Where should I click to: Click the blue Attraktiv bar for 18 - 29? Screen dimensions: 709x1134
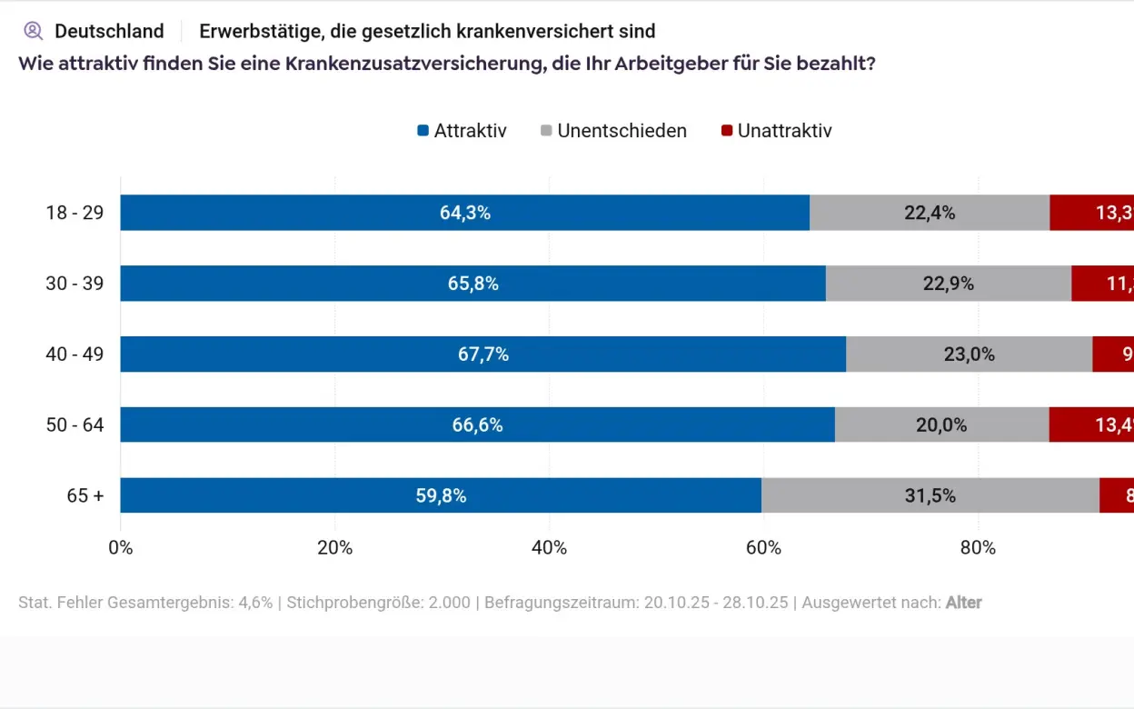464,213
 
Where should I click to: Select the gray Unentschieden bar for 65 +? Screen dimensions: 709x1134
930,495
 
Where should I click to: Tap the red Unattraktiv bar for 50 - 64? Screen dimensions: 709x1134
1091,424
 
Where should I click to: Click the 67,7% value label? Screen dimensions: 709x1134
482,354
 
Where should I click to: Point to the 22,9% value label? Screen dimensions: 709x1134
948,284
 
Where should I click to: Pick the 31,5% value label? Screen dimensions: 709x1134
930,495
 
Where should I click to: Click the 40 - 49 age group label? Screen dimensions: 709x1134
75,354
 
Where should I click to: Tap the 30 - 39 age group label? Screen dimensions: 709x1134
75,284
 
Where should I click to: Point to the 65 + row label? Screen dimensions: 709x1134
85,495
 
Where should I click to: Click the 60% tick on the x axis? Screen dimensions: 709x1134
763,547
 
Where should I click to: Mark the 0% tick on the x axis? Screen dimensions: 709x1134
121,547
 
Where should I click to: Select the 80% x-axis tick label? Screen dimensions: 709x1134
978,547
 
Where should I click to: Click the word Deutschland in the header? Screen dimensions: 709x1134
109,31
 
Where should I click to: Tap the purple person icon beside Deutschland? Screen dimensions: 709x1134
34,31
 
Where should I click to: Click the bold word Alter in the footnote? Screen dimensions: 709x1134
963,603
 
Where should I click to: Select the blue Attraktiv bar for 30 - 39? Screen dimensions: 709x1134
472,284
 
